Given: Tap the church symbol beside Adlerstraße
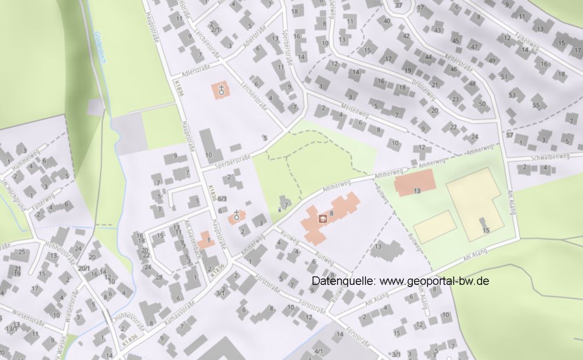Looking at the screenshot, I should [222, 90].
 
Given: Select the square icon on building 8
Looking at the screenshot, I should [322, 218].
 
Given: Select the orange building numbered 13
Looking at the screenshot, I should [415, 184].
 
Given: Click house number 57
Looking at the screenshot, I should [509, 135].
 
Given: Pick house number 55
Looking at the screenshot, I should [536, 105].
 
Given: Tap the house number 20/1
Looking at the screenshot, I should [85, 268].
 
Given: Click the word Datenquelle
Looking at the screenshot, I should [344, 281].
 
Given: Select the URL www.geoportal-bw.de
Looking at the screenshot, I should [434, 281].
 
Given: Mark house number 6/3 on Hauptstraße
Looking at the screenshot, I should [222, 199].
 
